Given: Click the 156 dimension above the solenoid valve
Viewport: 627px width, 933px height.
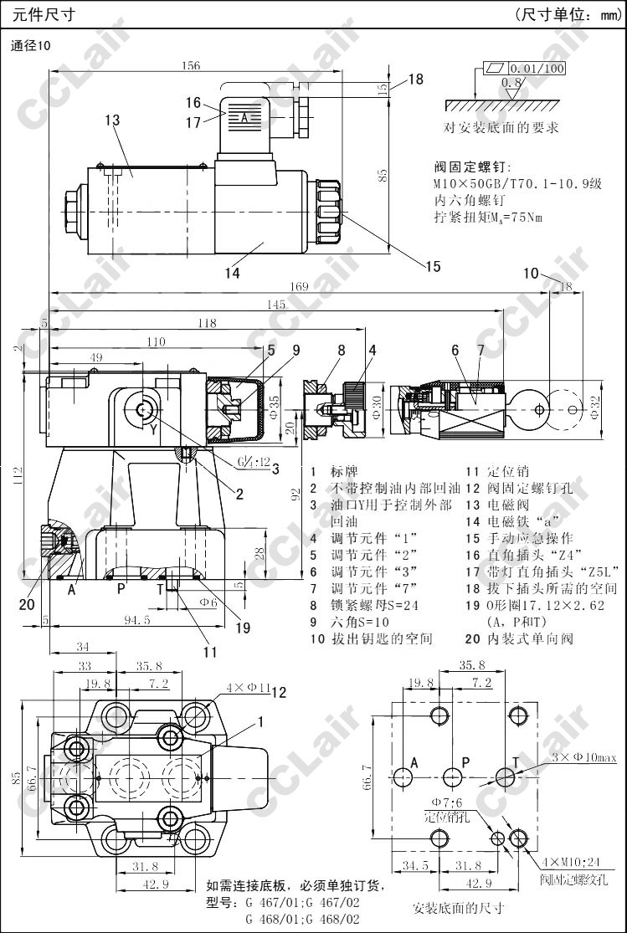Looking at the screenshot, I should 191,67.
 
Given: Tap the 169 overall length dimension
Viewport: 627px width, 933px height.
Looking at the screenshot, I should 299,286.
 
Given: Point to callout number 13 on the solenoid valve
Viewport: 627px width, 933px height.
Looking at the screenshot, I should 113,120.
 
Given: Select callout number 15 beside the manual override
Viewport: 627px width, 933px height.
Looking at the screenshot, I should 432,267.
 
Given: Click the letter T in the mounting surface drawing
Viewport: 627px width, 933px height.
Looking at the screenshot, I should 516,761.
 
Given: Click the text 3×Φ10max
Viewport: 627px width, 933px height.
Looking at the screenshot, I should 584,757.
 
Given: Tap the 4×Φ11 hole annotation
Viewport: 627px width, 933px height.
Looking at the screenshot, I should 247,688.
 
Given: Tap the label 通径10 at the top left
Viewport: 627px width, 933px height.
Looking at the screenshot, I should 31,46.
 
